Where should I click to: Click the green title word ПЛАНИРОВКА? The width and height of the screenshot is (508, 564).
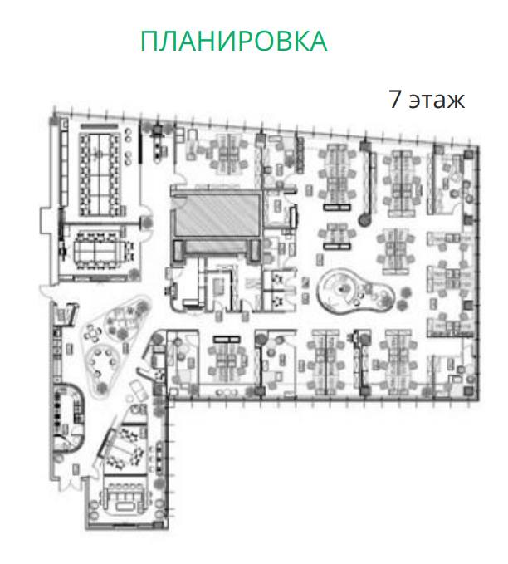234,41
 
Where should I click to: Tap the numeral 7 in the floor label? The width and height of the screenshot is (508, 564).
395,99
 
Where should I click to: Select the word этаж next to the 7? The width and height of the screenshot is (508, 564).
437,101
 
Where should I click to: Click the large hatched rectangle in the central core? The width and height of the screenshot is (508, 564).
217,214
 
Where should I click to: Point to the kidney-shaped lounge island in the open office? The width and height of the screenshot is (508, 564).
354,292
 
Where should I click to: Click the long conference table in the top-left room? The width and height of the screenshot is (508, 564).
100,174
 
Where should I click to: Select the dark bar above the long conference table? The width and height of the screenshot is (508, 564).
100,126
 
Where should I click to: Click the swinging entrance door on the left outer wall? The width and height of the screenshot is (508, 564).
46,291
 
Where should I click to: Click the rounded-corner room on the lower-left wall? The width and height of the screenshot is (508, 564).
69,416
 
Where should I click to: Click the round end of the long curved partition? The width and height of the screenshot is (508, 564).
364,220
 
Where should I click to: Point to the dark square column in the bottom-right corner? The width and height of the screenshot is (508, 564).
468,392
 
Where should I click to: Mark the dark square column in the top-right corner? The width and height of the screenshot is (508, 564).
468,154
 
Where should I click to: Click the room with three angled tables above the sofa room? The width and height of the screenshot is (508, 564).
125,448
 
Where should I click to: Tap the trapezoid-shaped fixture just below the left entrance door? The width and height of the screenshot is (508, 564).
65,315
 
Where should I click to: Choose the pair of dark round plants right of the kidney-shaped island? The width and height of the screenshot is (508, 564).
403,298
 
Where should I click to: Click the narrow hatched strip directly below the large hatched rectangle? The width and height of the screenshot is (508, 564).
217,247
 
